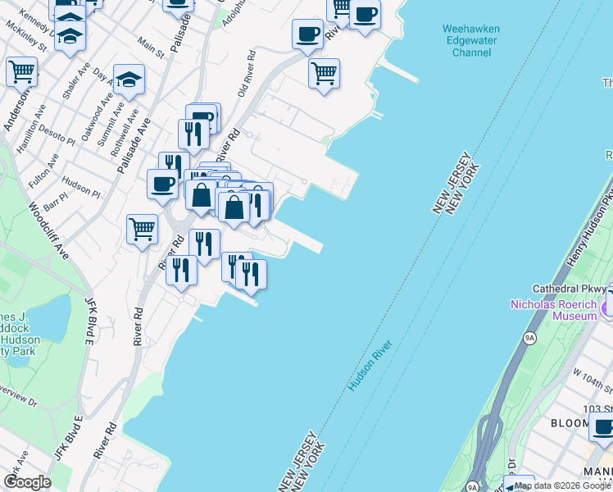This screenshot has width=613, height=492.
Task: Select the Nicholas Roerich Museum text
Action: coord(554,309)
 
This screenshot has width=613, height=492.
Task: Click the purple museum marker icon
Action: coord(607,309)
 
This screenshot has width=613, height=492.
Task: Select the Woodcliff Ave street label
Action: coord(48,233)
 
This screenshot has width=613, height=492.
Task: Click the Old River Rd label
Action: coord(247,75)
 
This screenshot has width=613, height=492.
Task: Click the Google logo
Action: coord(27,481)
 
